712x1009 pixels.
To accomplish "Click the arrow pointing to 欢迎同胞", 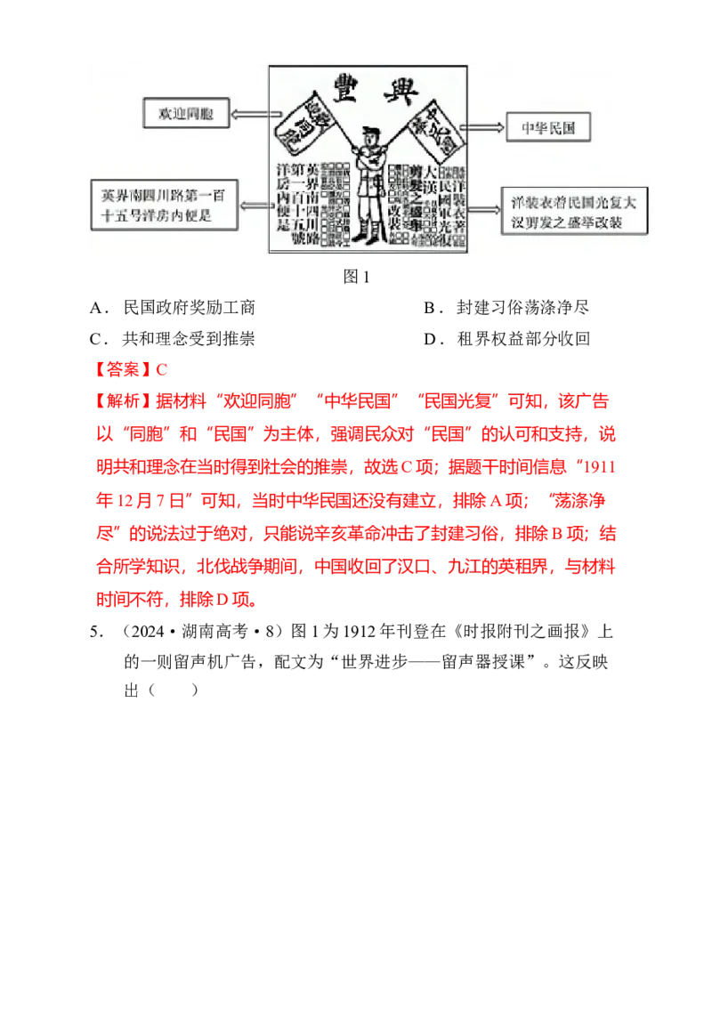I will [x=247, y=114].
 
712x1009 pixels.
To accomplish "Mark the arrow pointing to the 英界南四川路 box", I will [x=251, y=206].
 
